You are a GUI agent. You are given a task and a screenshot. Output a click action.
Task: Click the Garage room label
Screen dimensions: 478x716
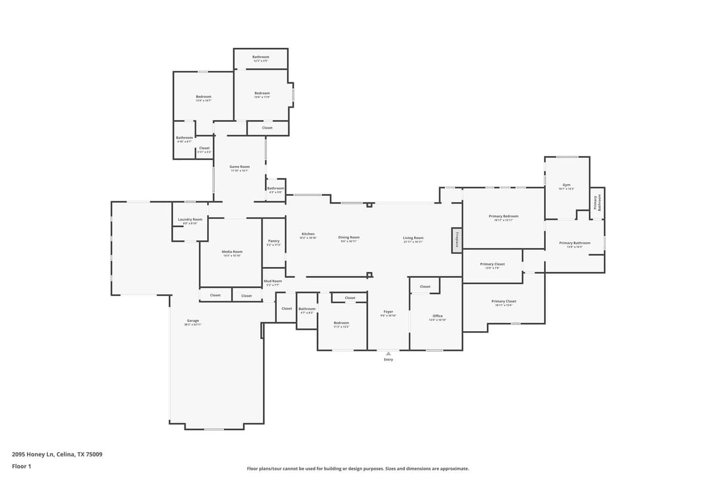tap(193, 321)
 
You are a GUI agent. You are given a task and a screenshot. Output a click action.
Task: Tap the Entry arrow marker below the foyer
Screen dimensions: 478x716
tap(388, 354)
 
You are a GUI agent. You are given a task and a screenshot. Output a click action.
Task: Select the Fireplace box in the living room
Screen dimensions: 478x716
tap(456, 240)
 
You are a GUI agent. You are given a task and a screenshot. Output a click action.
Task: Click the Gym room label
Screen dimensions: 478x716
tap(566, 185)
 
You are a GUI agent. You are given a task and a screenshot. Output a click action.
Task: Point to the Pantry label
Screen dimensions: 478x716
tap(273, 241)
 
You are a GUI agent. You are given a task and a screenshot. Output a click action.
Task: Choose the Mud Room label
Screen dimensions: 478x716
tap(273, 281)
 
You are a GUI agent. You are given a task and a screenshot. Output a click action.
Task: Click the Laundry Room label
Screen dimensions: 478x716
tap(190, 220)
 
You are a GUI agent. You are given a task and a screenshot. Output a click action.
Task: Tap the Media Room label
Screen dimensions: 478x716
tap(232, 252)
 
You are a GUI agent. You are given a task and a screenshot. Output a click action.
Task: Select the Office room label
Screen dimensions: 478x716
tap(437, 316)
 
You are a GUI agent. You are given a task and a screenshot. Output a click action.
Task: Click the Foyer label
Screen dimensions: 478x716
tap(388, 312)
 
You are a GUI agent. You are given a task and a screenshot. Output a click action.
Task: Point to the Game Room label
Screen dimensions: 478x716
tap(239, 167)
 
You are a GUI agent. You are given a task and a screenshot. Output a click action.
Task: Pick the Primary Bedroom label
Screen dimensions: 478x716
tap(503, 216)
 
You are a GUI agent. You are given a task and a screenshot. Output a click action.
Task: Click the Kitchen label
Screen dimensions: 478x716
tap(308, 234)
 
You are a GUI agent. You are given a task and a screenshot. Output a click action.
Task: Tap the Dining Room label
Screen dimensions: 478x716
tap(349, 238)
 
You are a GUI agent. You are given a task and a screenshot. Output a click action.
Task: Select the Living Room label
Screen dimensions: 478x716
tap(413, 238)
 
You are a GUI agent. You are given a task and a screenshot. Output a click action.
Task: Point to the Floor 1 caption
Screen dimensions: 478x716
tap(21, 466)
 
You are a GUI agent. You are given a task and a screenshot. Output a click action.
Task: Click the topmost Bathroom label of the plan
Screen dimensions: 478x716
tap(261, 57)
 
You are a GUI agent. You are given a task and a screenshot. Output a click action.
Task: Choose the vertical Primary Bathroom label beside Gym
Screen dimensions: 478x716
tap(597, 201)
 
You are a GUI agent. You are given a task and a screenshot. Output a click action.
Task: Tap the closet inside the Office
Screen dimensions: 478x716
tap(425, 287)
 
